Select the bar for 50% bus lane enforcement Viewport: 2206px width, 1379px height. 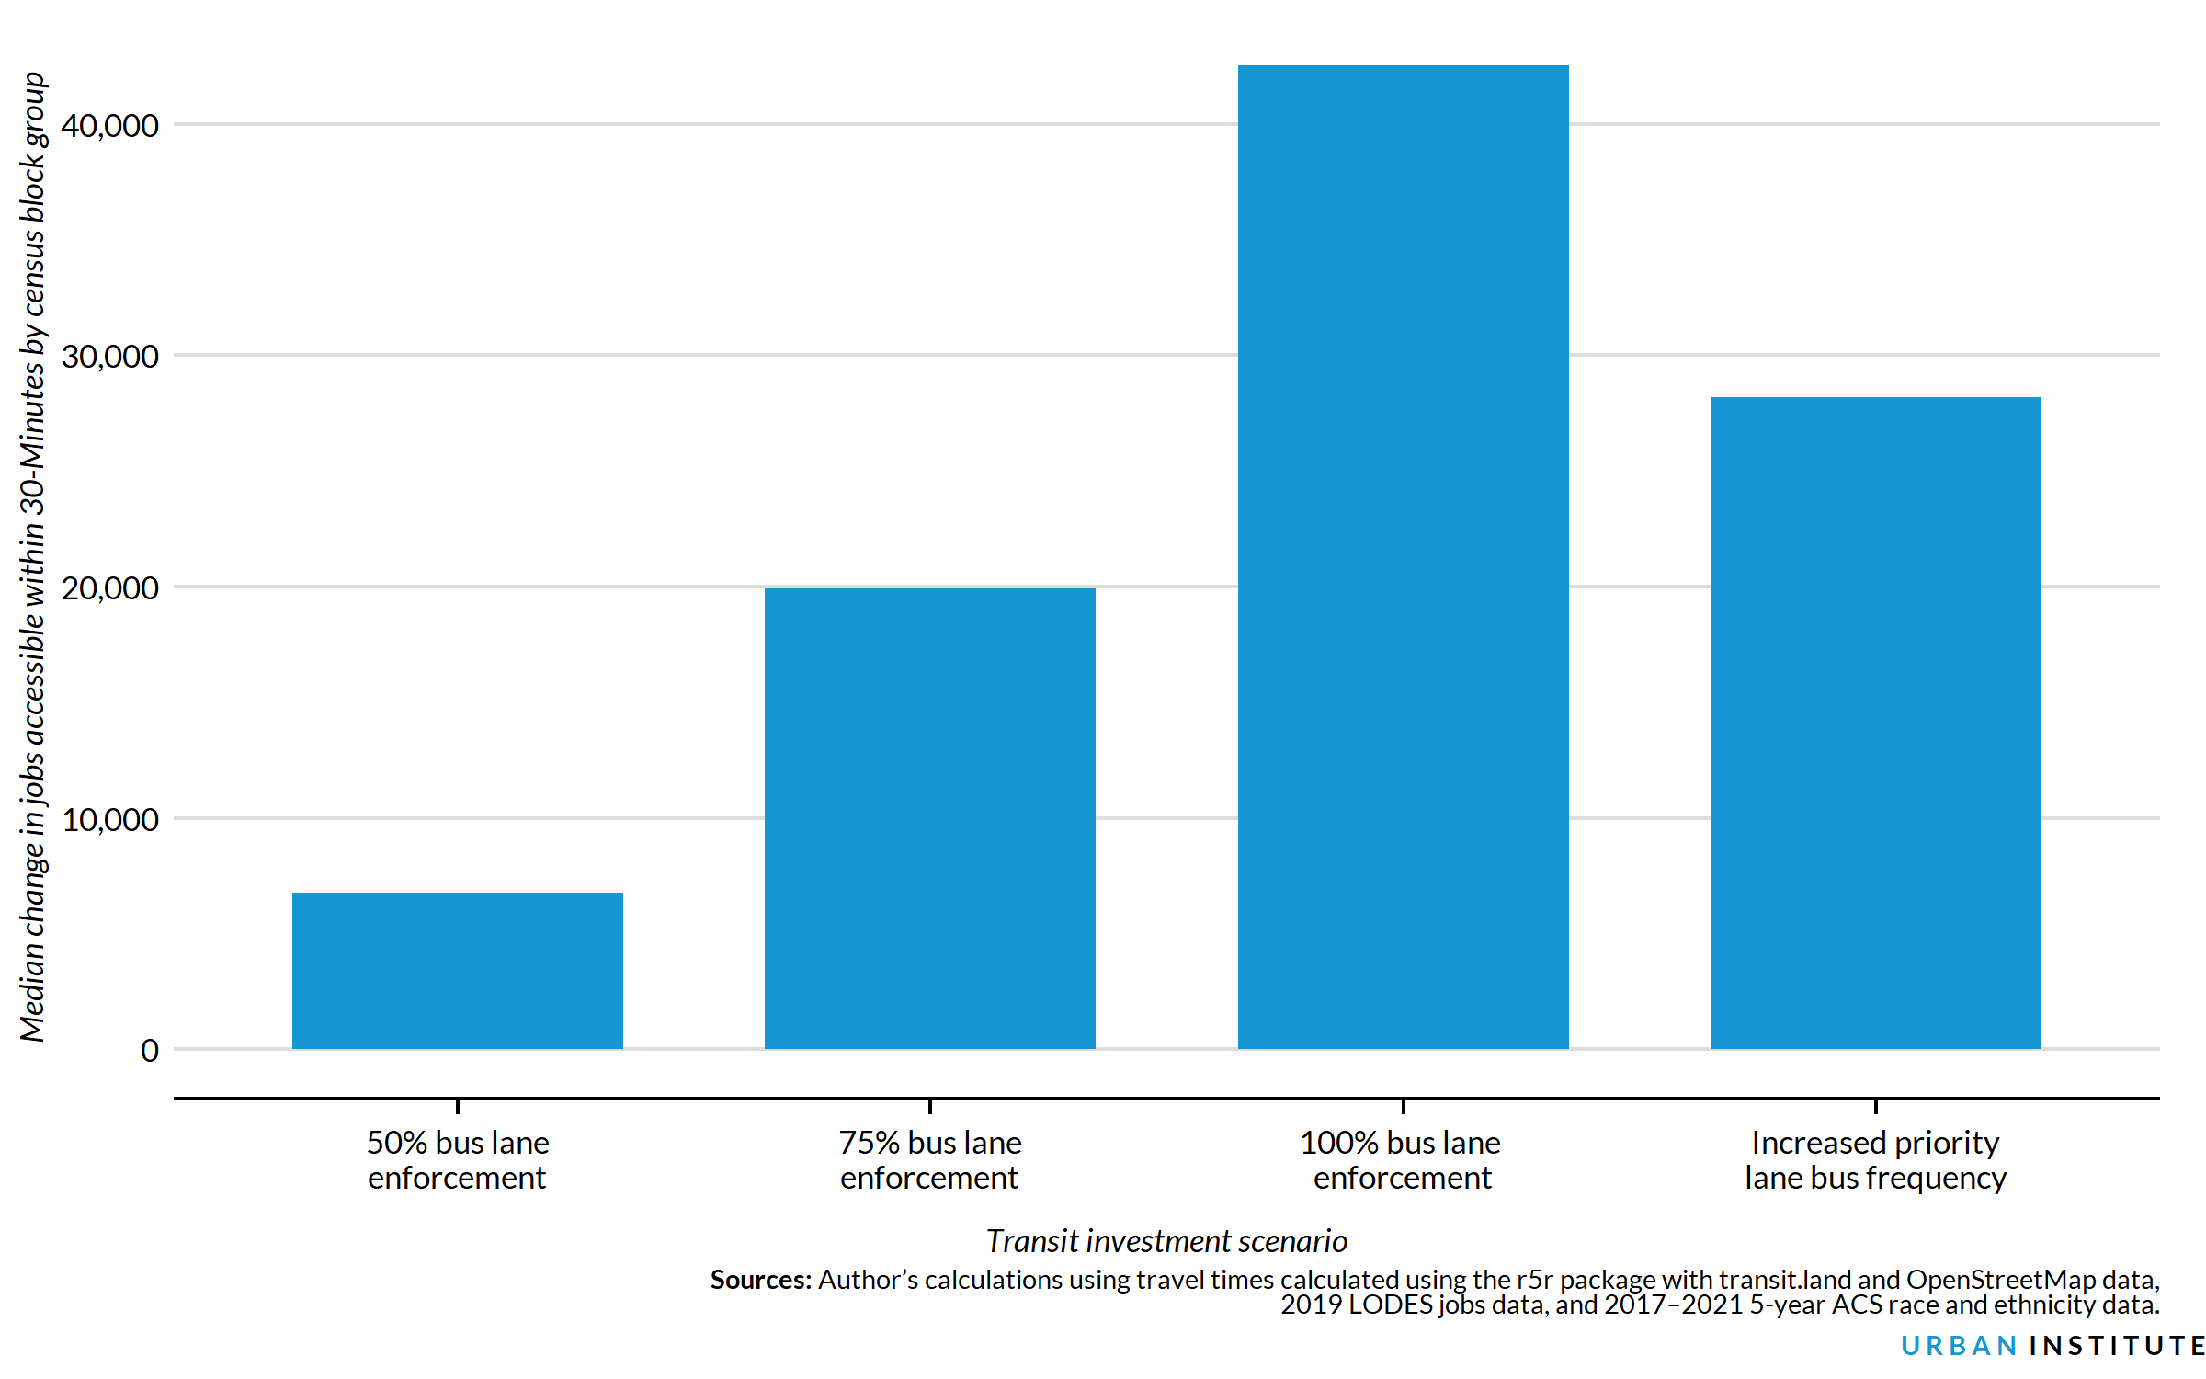[x=457, y=970]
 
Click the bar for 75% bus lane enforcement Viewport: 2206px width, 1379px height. [x=929, y=818]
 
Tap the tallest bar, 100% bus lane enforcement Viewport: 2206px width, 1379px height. [x=1403, y=556]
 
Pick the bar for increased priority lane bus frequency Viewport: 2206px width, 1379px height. [x=1875, y=723]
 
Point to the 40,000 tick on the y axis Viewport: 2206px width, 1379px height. [x=109, y=125]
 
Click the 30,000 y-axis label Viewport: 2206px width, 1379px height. [x=109, y=357]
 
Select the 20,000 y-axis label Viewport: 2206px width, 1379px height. [x=109, y=588]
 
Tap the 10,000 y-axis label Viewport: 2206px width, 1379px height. [x=109, y=820]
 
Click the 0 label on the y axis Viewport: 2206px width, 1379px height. [x=149, y=1051]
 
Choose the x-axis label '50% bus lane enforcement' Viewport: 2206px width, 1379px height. [x=457, y=1160]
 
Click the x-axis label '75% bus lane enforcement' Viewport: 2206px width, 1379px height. [x=929, y=1160]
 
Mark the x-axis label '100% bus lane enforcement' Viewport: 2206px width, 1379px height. [x=1402, y=1160]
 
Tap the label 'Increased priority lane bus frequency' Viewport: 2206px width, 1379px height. [x=1875, y=1160]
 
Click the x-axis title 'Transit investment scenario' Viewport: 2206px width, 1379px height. [x=1166, y=1241]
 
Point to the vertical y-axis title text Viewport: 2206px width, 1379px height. [x=32, y=556]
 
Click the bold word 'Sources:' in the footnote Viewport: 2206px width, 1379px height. [x=760, y=1280]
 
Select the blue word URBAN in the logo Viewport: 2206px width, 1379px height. [x=1958, y=1346]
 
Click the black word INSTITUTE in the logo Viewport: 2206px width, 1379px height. [x=2117, y=1346]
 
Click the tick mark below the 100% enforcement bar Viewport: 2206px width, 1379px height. [x=1403, y=1106]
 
